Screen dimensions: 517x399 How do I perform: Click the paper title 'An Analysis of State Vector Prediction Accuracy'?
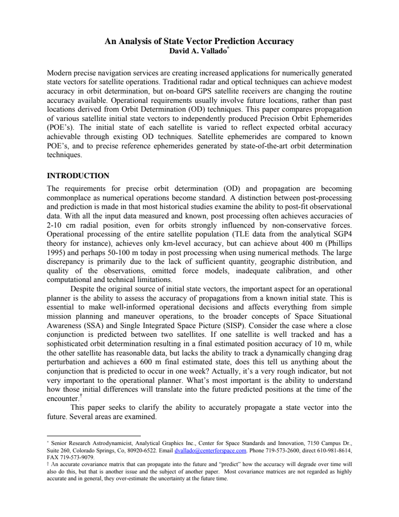[x=199, y=41]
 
